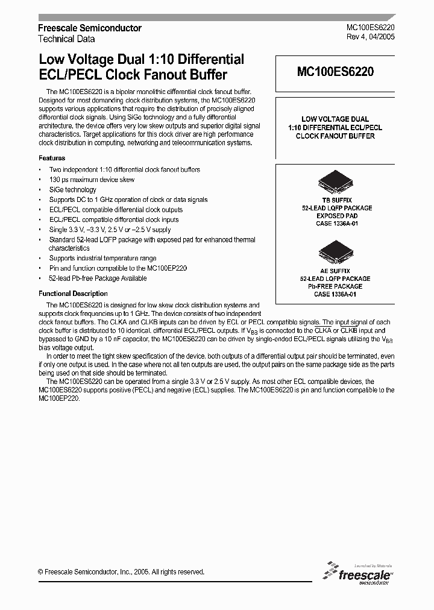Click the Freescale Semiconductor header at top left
pyautogui.click(x=90, y=28)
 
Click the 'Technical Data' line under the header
pyautogui.click(x=66, y=38)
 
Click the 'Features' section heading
pyautogui.click(x=52, y=158)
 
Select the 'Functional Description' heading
pyautogui.click(x=73, y=294)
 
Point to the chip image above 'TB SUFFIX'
pyautogui.click(x=336, y=183)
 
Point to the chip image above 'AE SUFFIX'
pyautogui.click(x=336, y=253)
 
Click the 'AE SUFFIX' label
pyautogui.click(x=336, y=271)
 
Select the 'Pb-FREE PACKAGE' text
pyautogui.click(x=336, y=286)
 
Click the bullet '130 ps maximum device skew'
pyautogui.click(x=92, y=180)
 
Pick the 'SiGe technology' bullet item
pyautogui.click(x=72, y=190)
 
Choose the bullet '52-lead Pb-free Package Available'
pyautogui.click(x=98, y=278)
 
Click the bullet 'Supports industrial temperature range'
pyautogui.click(x=102, y=259)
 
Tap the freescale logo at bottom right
pyautogui.click(x=360, y=573)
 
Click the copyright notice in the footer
pyautogui.click(x=121, y=572)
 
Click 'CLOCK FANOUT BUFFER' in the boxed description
pyautogui.click(x=335, y=136)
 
